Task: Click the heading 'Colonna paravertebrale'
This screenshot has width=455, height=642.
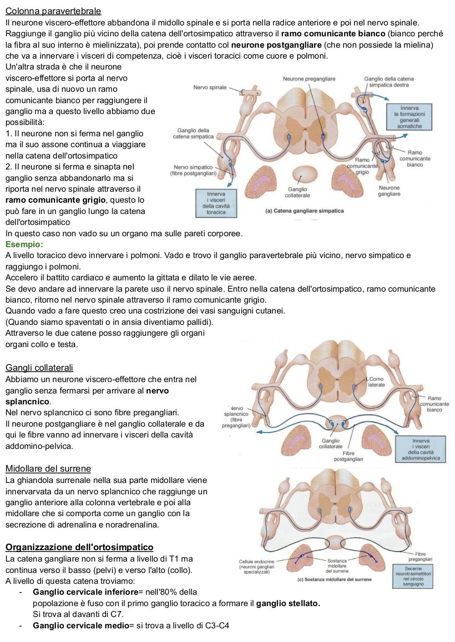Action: point(53,11)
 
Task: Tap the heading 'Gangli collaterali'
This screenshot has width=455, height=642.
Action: point(39,368)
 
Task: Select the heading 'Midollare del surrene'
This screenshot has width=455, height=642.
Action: point(48,468)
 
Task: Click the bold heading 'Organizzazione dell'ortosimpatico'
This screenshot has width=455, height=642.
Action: point(79,547)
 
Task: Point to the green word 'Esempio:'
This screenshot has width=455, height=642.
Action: point(24,244)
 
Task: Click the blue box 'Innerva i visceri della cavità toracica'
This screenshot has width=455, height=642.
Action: point(216,203)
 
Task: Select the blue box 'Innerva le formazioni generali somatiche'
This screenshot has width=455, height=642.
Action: point(409,117)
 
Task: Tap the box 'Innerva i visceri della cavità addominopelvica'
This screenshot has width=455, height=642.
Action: point(420,449)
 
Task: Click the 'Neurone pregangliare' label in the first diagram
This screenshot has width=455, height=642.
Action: point(309,79)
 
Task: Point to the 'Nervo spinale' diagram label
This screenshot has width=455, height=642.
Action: point(210,87)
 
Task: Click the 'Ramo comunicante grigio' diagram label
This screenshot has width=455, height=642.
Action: point(362,166)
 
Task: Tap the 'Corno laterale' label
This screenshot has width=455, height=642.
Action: point(376,382)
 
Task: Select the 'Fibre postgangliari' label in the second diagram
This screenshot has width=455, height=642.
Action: point(348,456)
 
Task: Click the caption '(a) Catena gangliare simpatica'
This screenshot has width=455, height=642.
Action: point(304,211)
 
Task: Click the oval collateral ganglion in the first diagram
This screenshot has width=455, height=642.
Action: point(305,174)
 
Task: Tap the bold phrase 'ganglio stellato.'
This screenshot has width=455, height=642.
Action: point(288,603)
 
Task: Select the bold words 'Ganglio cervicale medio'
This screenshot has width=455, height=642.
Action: point(81,626)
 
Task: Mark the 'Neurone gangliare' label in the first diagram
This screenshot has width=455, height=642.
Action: point(389,191)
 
